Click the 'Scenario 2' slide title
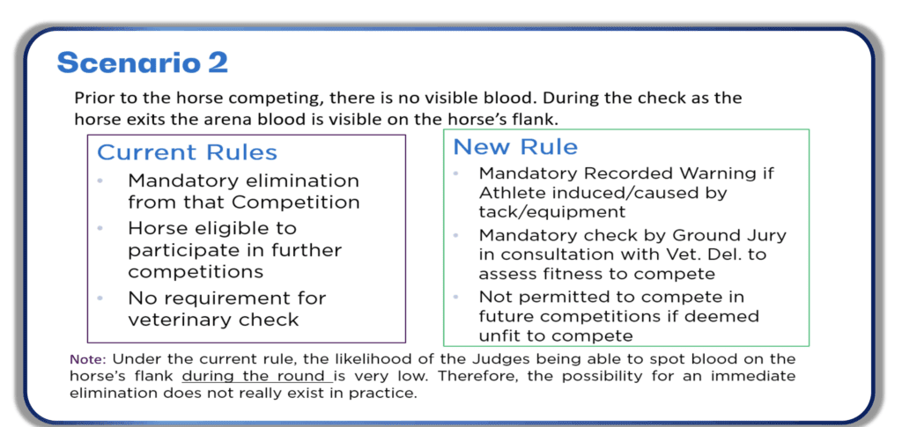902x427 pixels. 143,62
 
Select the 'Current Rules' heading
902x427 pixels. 187,152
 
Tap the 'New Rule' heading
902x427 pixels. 515,146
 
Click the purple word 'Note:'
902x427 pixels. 88,360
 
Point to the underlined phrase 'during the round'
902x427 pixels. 255,377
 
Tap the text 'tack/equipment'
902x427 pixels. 551,212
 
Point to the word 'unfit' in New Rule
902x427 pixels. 499,335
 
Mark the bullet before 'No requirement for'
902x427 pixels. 100,298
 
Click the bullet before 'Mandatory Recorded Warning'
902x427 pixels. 456,173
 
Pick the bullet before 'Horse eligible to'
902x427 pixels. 100,229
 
